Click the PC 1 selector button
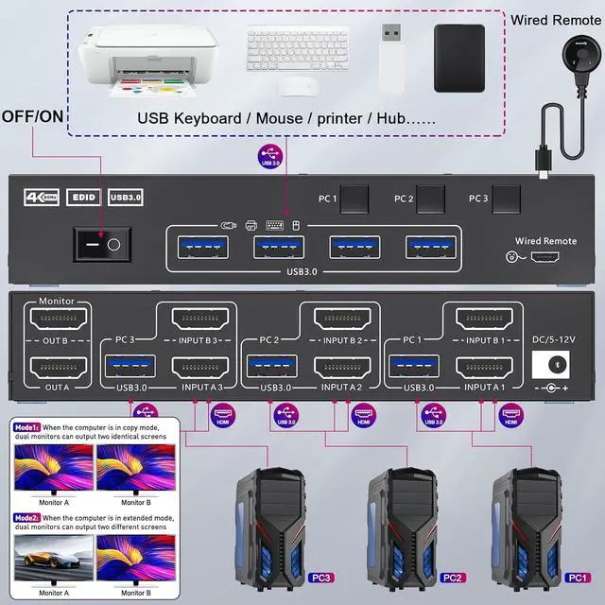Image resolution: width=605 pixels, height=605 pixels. pyautogui.click(x=354, y=199)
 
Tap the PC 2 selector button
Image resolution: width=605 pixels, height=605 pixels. pyautogui.click(x=430, y=199)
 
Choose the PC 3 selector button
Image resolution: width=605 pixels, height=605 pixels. pyautogui.click(x=506, y=199)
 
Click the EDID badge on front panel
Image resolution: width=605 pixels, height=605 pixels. pyautogui.click(x=82, y=198)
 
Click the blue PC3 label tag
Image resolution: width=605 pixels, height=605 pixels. pyautogui.click(x=320, y=577)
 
